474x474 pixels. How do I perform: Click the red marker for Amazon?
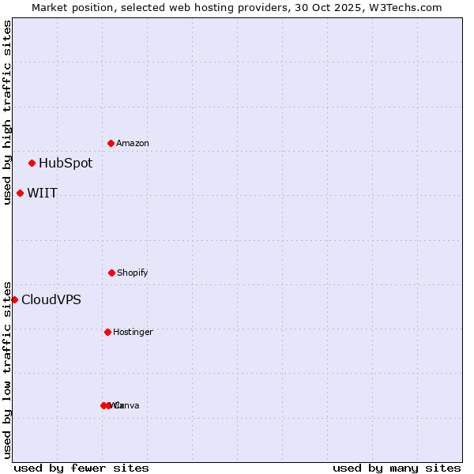111,143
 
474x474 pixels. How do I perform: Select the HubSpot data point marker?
32,164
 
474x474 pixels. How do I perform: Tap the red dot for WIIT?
21,194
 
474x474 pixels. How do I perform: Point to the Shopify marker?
111,273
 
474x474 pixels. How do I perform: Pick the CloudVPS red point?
15,300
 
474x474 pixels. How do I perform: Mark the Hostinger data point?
108,332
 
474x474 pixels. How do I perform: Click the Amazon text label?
133,144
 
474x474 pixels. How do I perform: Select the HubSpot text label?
66,164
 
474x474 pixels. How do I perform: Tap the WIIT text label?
43,194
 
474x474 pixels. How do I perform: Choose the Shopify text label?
133,273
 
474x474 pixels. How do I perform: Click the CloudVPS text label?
51,300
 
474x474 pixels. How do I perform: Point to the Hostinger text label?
133,333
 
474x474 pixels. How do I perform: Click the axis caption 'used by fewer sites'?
81,468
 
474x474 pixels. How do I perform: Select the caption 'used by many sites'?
397,468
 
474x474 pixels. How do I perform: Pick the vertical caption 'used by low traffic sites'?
7,370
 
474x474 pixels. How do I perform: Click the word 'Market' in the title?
50,7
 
